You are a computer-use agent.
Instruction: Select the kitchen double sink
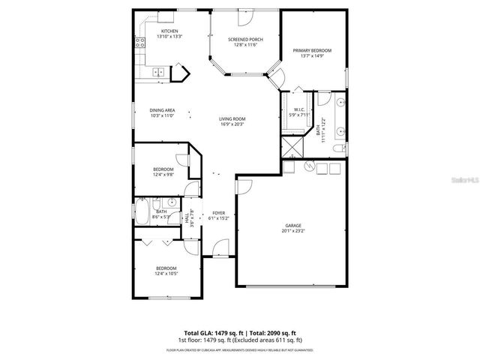pos(158,73)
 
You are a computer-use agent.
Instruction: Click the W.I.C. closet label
pos(298,109)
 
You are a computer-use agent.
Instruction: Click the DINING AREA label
pos(163,109)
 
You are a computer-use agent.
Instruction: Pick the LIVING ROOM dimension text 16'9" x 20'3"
pos(232,124)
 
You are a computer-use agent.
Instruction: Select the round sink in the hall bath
pos(171,202)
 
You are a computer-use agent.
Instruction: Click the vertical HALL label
pos(187,218)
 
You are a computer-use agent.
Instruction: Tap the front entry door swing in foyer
pos(219,247)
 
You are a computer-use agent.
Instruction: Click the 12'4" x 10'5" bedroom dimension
pos(166,274)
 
